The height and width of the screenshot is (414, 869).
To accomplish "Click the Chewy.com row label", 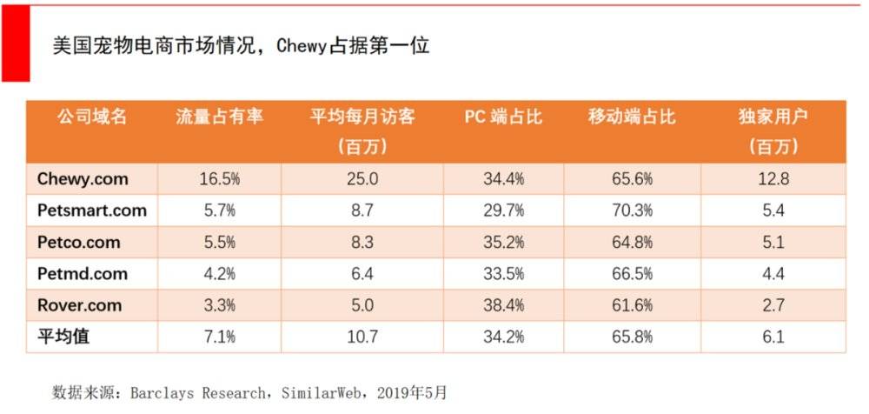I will click(x=83, y=179).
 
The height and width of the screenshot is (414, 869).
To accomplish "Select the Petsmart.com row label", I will click(x=92, y=210).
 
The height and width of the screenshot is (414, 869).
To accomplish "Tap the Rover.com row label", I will click(x=79, y=305).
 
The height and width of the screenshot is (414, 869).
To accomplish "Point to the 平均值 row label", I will click(x=63, y=337).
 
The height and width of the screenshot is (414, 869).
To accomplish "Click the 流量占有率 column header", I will click(x=219, y=117).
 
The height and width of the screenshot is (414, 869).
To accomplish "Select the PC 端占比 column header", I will click(x=503, y=117).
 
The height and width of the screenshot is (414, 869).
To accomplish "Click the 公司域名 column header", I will click(x=92, y=117).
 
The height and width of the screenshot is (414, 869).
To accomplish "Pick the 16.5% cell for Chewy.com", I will click(x=219, y=180).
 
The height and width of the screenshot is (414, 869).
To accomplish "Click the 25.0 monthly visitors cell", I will click(x=362, y=180).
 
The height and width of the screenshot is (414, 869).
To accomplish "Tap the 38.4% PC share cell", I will click(x=503, y=306).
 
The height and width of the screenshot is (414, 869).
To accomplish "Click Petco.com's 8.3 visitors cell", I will click(x=362, y=243).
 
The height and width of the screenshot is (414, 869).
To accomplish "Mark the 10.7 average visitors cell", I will click(x=362, y=337).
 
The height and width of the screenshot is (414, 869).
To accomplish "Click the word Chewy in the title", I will click(x=303, y=46).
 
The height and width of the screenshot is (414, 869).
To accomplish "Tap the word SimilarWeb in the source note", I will click(x=322, y=392).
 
